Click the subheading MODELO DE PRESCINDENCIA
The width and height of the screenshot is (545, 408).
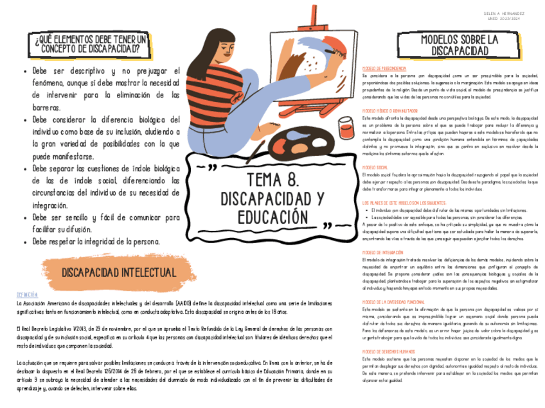tap(384, 68)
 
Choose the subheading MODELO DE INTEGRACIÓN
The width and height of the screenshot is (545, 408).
tap(383, 252)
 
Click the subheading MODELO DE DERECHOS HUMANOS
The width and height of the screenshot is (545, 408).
tap(389, 352)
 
